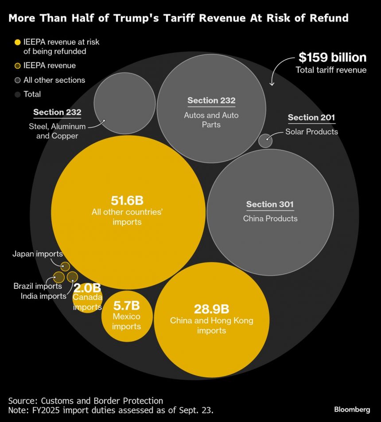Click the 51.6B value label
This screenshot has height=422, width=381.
click(x=127, y=200)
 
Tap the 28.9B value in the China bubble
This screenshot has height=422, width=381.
click(x=211, y=309)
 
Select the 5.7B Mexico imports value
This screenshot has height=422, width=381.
click(x=127, y=305)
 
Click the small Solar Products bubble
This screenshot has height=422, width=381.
click(x=265, y=141)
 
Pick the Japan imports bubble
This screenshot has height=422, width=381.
click(x=65, y=266)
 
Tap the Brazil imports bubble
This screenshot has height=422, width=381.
click(x=58, y=277)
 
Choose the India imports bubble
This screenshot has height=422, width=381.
click(x=72, y=277)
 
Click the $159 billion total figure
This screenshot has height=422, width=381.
click(x=332, y=58)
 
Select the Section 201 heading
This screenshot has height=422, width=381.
click(x=311, y=118)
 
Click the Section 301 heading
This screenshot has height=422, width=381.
click(x=270, y=204)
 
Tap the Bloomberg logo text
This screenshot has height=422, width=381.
click(x=352, y=410)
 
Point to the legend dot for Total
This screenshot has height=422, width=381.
click(x=17, y=94)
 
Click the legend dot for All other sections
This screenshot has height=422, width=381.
click(x=17, y=80)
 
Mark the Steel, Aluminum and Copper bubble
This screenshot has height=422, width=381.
click(x=124, y=103)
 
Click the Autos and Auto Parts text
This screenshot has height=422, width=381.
click(x=211, y=120)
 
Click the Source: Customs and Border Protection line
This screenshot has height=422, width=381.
click(x=86, y=401)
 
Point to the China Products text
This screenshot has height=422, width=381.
click(x=270, y=219)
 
